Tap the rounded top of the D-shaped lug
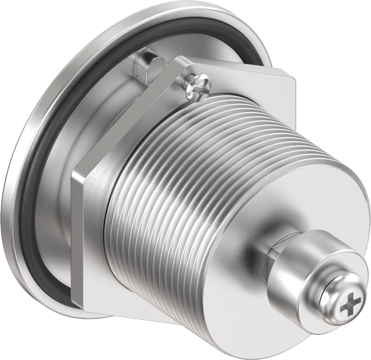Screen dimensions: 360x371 tap(148, 55)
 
